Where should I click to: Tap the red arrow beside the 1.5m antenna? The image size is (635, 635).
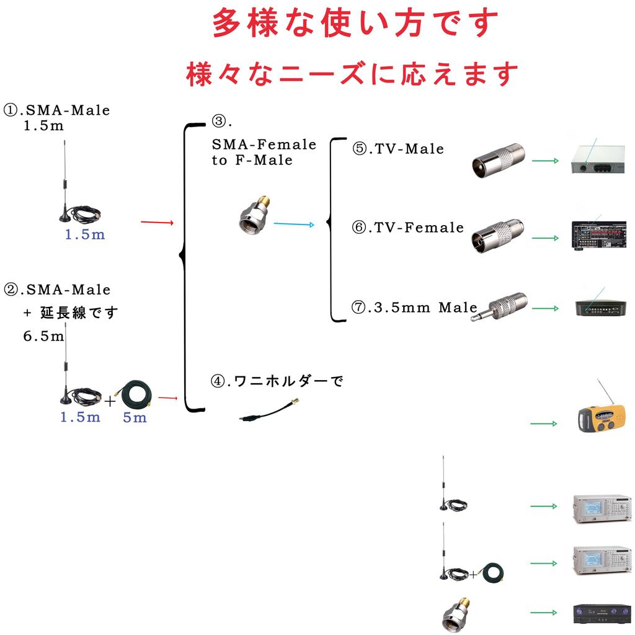[156, 221]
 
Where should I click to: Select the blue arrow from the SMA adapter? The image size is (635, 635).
[294, 224]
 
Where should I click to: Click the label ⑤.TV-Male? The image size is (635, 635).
[398, 149]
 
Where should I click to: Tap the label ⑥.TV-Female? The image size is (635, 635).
[407, 228]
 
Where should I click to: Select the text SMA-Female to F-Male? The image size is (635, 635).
[264, 152]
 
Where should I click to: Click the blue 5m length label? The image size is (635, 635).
[135, 417]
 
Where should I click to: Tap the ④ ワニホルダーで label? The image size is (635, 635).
[277, 381]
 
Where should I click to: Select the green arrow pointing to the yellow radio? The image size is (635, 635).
[543, 424]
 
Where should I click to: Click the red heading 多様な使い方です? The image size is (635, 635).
[355, 24]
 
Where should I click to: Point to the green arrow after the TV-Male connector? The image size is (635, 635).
[544, 160]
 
